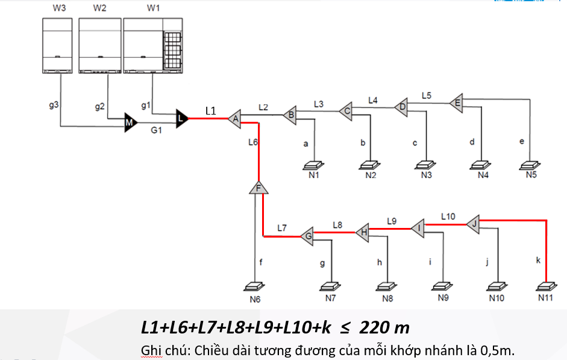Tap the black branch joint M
click(129, 122)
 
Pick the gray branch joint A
click(236, 119)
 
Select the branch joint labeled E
click(456, 103)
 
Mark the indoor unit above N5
click(530, 164)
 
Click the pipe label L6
click(252, 143)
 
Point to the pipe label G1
click(157, 130)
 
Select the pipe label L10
click(448, 215)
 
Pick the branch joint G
click(307, 235)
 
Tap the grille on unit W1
click(173, 44)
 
